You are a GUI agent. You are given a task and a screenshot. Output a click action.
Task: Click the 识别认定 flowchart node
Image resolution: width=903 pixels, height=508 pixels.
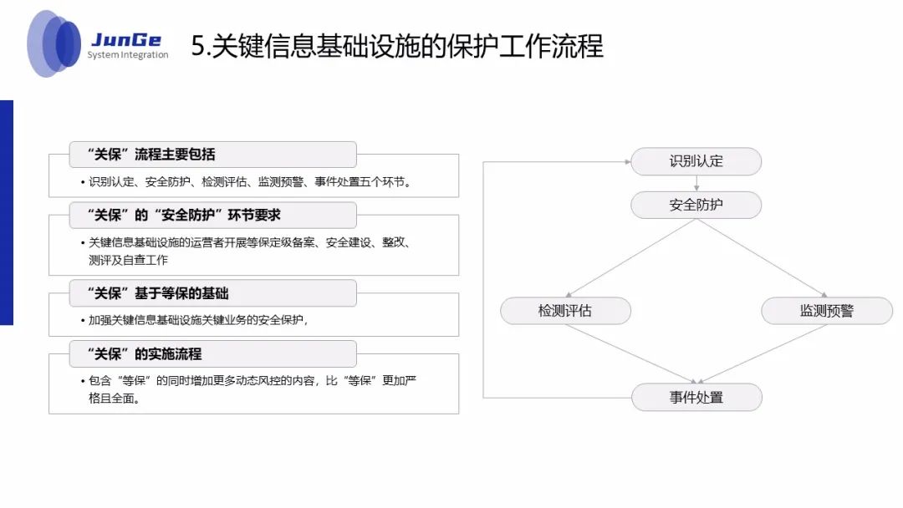[696, 161]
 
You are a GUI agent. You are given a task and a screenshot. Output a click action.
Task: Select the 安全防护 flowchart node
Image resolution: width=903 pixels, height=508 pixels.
[696, 205]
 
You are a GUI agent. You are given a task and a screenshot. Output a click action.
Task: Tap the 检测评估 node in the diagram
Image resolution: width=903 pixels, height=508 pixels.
[565, 311]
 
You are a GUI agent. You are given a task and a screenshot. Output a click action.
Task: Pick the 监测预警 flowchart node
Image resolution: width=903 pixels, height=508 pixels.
[826, 311]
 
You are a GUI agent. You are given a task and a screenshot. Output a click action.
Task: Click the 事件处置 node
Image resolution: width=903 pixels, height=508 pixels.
[696, 397]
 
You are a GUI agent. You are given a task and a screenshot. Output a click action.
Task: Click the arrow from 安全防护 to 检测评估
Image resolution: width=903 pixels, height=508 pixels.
[631, 258]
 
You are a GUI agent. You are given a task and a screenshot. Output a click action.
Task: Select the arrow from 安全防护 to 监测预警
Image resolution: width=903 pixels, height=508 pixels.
[762, 258]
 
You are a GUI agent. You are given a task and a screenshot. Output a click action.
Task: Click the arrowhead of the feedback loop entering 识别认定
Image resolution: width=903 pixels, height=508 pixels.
[625, 161]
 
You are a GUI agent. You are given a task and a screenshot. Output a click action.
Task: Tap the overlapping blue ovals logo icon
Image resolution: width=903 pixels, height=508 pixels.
[54, 43]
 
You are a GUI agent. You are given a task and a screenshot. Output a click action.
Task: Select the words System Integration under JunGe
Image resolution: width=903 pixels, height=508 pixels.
[128, 55]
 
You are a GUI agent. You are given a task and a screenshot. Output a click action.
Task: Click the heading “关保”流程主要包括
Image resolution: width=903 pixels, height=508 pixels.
[151, 155]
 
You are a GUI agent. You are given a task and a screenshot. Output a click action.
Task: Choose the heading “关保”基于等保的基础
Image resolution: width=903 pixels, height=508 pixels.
[158, 293]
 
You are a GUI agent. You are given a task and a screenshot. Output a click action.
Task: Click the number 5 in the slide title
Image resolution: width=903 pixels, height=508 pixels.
[197, 45]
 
